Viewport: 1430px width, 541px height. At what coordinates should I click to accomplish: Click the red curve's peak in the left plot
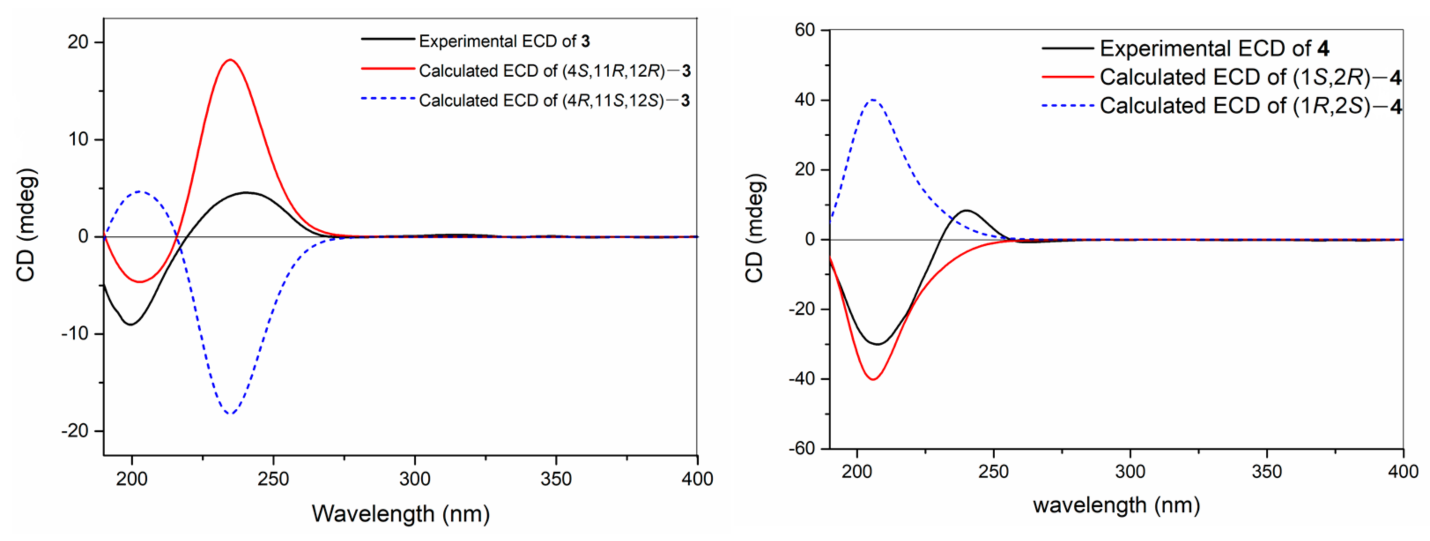point(230,60)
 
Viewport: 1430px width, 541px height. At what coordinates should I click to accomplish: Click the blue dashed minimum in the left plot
point(230,413)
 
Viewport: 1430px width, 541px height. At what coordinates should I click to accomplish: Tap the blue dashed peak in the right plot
point(873,100)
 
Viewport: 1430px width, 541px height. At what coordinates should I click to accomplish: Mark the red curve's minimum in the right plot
point(873,379)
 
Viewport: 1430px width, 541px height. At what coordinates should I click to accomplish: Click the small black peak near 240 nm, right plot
point(967,210)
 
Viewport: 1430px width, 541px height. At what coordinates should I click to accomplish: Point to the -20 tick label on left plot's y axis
point(74,431)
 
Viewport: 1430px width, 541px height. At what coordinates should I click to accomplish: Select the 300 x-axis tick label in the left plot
point(415,478)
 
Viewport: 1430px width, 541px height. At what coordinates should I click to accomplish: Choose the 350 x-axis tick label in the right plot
point(1267,472)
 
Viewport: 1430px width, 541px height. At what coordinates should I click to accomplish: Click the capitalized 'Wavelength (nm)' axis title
point(400,513)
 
